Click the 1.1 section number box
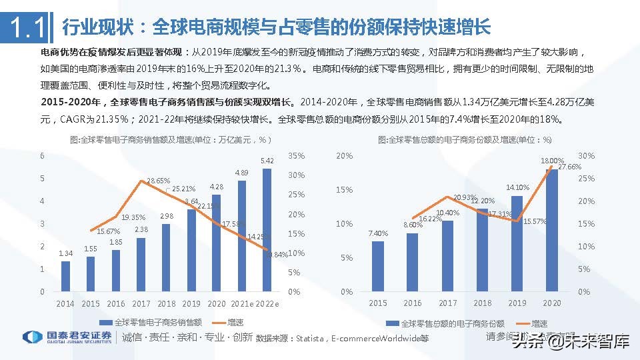[26, 27]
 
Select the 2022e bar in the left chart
[267, 230]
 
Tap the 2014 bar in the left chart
[65, 276]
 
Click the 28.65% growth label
[158, 181]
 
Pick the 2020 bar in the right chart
[552, 230]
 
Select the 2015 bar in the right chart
[378, 266]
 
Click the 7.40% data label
[377, 233]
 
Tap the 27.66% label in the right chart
[568, 167]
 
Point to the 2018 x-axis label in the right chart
[482, 303]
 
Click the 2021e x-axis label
[241, 303]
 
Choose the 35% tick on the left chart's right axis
[297, 156]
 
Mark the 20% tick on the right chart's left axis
[344, 156]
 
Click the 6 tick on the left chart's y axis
[42, 156]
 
